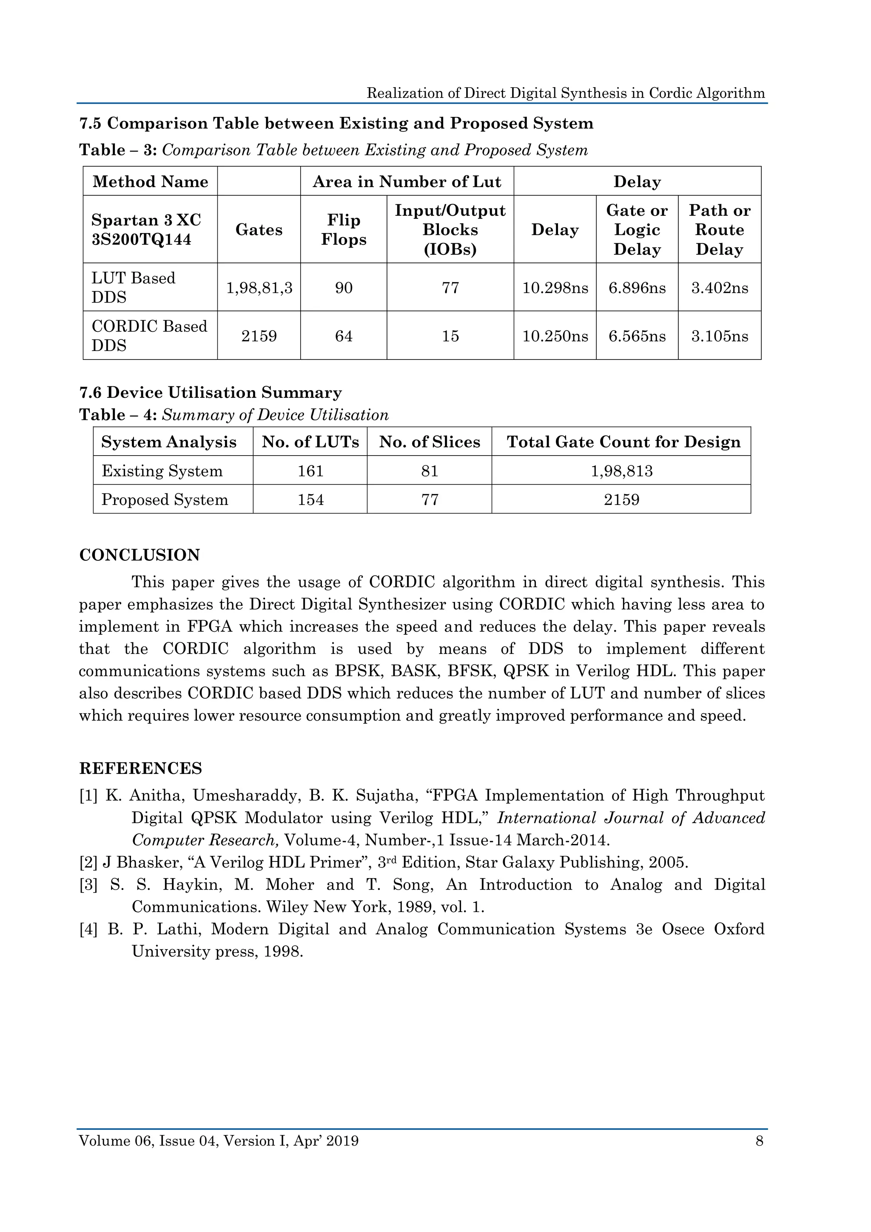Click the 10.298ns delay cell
(x=555, y=288)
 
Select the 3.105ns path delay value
(x=719, y=337)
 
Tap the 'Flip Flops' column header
(x=343, y=230)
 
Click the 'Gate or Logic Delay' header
(x=637, y=230)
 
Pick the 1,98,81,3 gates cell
(x=259, y=288)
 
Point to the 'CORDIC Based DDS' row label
(x=149, y=336)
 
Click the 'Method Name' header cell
(x=150, y=182)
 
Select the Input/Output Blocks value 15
(x=450, y=337)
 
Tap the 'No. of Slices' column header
(x=429, y=442)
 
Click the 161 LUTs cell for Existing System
(x=310, y=471)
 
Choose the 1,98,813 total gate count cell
(x=621, y=471)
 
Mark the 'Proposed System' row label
(x=165, y=500)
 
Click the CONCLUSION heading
(x=139, y=555)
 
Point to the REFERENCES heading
(x=140, y=768)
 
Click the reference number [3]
(x=88, y=885)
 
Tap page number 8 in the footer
(x=759, y=1141)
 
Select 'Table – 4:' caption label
(x=118, y=415)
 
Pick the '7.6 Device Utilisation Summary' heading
(x=210, y=393)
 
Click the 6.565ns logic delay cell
(x=637, y=337)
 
